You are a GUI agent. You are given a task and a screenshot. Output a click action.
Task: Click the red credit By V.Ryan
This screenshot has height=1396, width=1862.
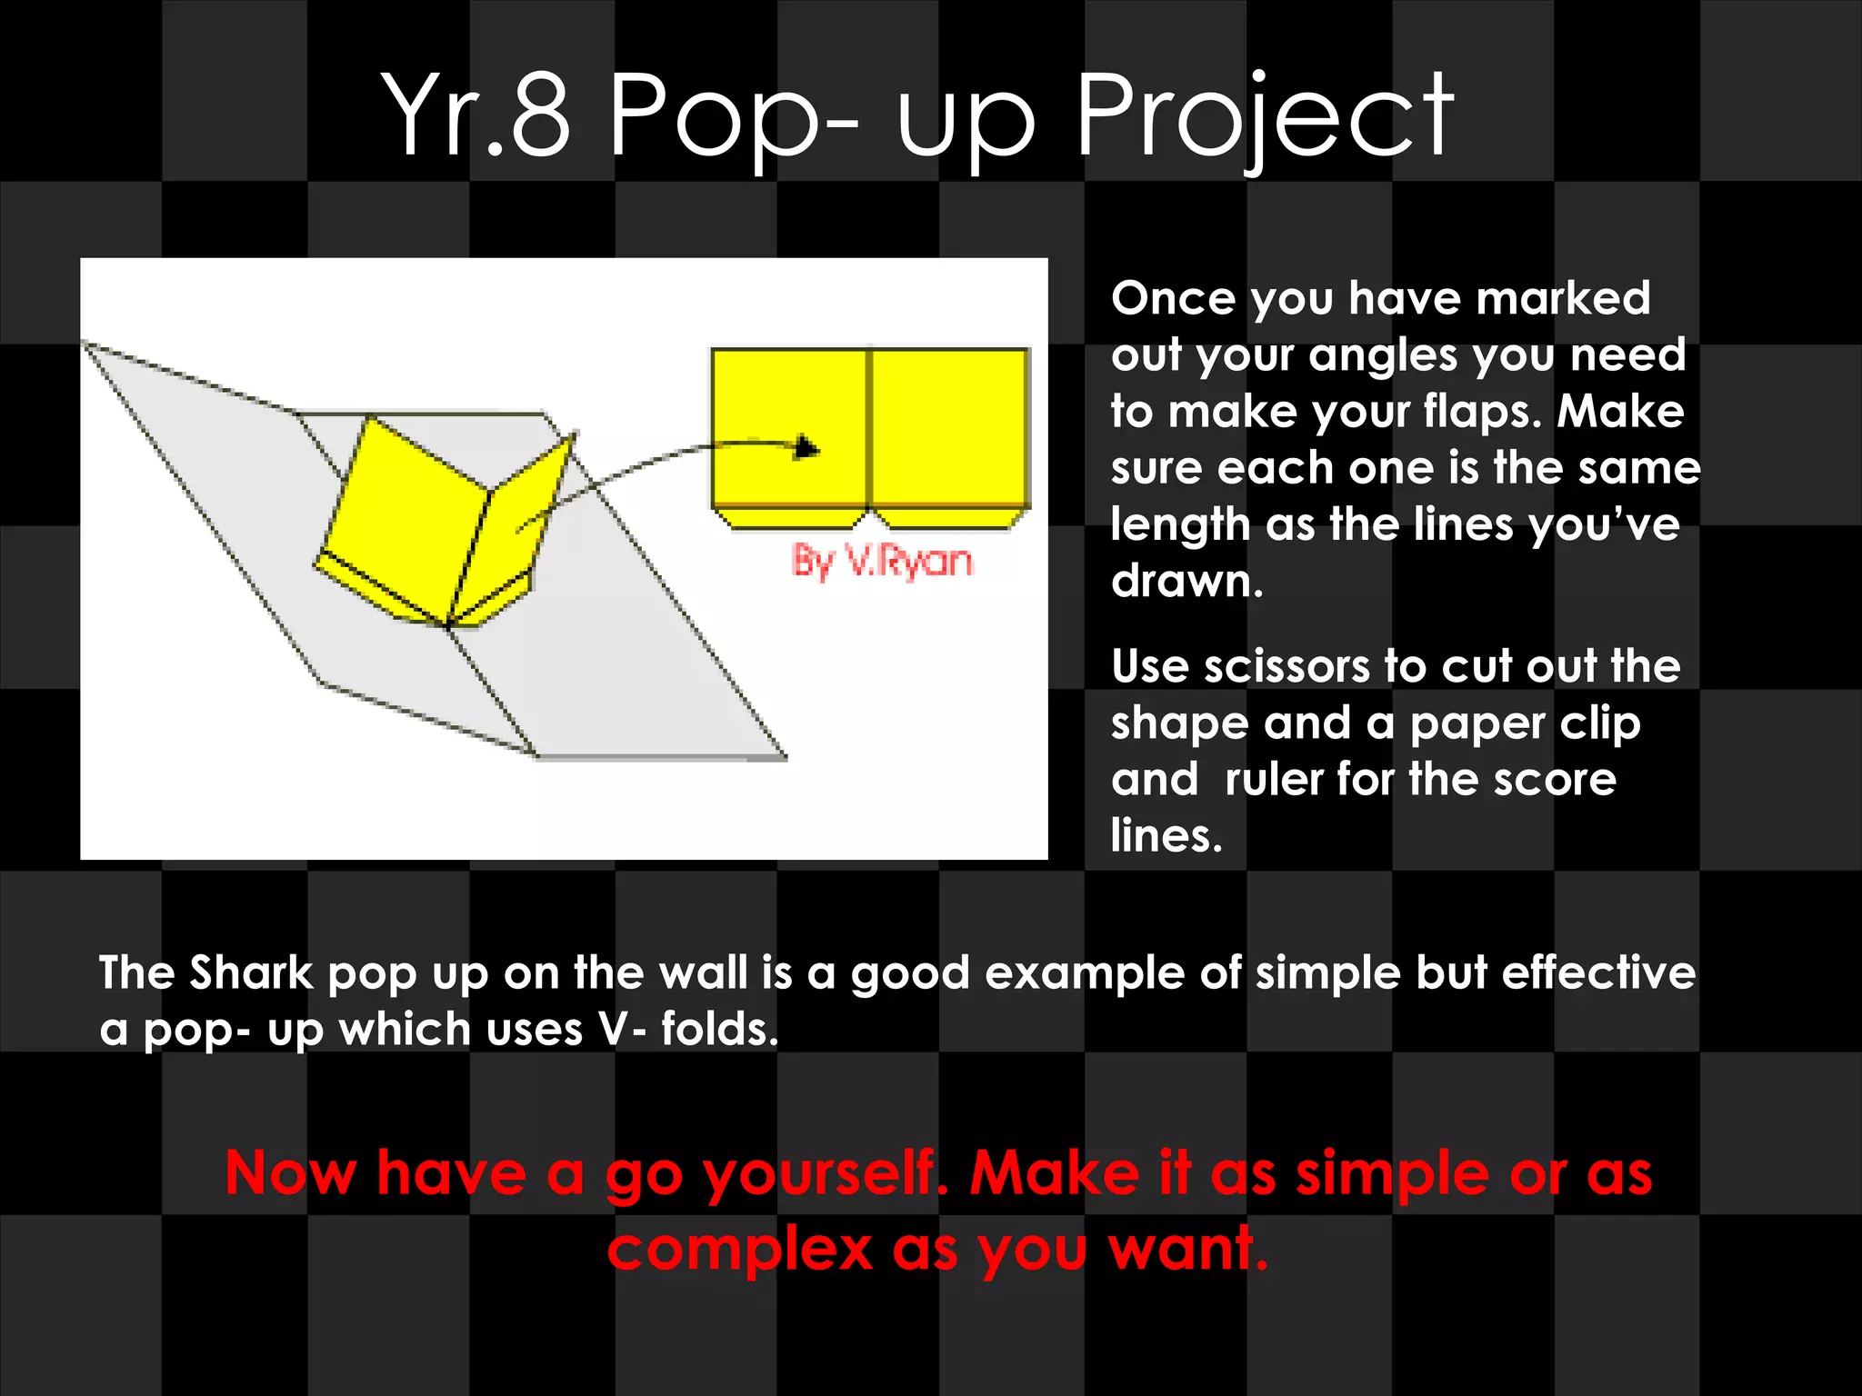click(882, 561)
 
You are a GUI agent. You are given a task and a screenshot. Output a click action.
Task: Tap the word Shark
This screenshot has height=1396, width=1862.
click(251, 972)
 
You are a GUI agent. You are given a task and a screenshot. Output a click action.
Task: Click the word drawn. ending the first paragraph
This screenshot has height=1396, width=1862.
click(1186, 581)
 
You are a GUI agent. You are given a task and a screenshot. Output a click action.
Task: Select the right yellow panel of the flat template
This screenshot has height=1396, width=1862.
click(948, 427)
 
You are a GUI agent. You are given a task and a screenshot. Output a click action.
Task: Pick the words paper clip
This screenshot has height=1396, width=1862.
click(1525, 724)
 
